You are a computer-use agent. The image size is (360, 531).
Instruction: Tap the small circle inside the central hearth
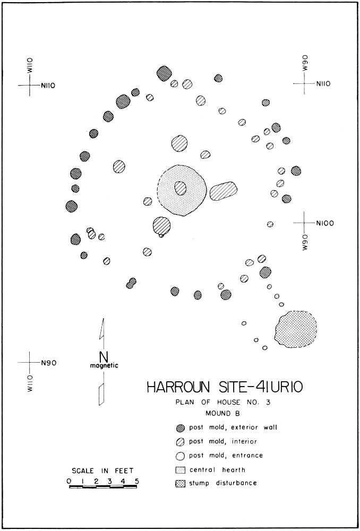coord(181,188)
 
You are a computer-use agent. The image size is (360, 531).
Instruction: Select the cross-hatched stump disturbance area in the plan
coord(296,329)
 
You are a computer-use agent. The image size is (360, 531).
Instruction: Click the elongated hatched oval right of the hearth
coord(223,191)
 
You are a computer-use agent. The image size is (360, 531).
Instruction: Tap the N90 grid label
coord(48,363)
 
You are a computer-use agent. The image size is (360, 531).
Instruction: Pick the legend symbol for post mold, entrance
coord(181,456)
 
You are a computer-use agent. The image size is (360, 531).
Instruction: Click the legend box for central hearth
coord(181,469)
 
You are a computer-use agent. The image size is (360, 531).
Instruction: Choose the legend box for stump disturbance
coord(181,483)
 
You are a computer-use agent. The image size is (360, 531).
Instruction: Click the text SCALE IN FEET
coord(102,471)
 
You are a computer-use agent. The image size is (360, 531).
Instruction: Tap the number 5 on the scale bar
coord(137,481)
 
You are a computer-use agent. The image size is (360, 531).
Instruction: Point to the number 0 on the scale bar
coord(70,481)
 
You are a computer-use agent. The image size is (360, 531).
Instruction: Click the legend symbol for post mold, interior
coord(181,442)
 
